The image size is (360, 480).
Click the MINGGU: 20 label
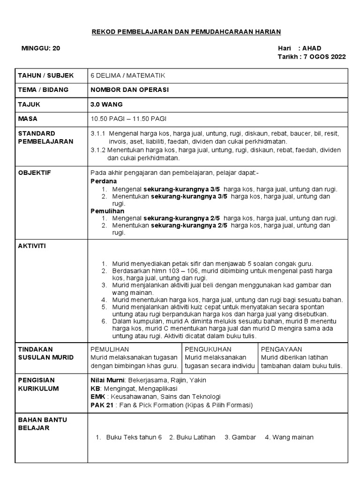[x=41, y=48]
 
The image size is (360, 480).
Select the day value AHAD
[x=312, y=48]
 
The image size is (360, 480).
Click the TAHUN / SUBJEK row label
[x=46, y=75]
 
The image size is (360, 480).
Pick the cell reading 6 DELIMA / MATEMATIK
[x=127, y=75]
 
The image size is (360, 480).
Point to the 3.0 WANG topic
[x=106, y=104]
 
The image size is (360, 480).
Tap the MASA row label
[x=28, y=119]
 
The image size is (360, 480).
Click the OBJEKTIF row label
[x=34, y=173]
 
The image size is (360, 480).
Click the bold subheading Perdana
[x=104, y=181]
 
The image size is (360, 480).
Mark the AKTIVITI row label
[x=32, y=246]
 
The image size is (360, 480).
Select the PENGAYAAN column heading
[x=281, y=349]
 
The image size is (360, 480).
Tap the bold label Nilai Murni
[x=107, y=380]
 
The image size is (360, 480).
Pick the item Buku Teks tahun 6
[x=134, y=437]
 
